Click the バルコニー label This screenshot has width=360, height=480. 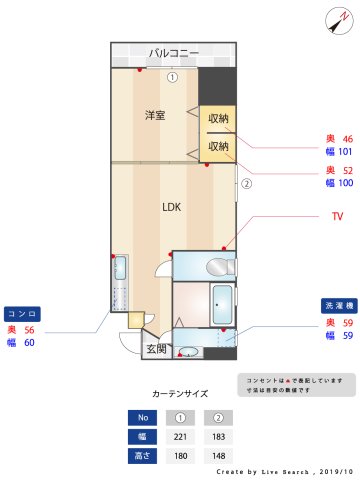tap(173, 52)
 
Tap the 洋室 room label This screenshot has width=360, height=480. tap(155, 115)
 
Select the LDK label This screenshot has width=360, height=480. tap(172, 208)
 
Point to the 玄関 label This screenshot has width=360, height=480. tap(156, 349)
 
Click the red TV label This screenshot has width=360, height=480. tap(337, 217)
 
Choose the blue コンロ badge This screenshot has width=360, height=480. tap(23, 313)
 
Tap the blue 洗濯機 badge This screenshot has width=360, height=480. tap(335, 304)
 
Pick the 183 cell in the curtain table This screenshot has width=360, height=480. tap(218, 436)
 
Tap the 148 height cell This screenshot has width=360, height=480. tap(218, 456)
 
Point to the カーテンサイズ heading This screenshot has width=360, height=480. tap(180, 394)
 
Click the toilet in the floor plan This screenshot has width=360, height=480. tap(217, 267)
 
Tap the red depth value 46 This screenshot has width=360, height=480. tap(347, 139)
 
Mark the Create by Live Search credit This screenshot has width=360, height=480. tap(285, 470)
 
